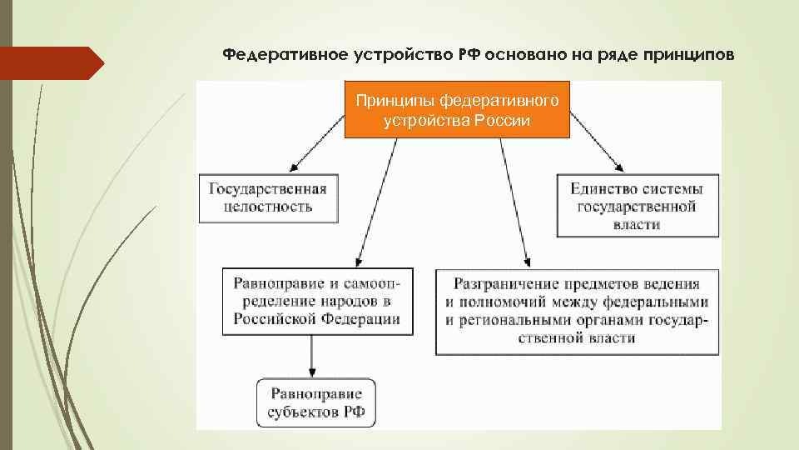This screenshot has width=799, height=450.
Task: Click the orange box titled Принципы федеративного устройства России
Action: pos(456,109)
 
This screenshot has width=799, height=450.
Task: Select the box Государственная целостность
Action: pos(268,197)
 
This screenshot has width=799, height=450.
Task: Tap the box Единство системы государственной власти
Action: pos(637,206)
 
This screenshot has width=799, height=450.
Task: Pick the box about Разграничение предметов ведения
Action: pos(576,310)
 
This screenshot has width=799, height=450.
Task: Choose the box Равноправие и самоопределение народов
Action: pos(316,301)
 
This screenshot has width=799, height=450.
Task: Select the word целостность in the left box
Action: pos(268,206)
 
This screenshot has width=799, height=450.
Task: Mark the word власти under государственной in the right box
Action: pos(636,224)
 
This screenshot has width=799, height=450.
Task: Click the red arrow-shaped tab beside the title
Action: pos(50,62)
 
